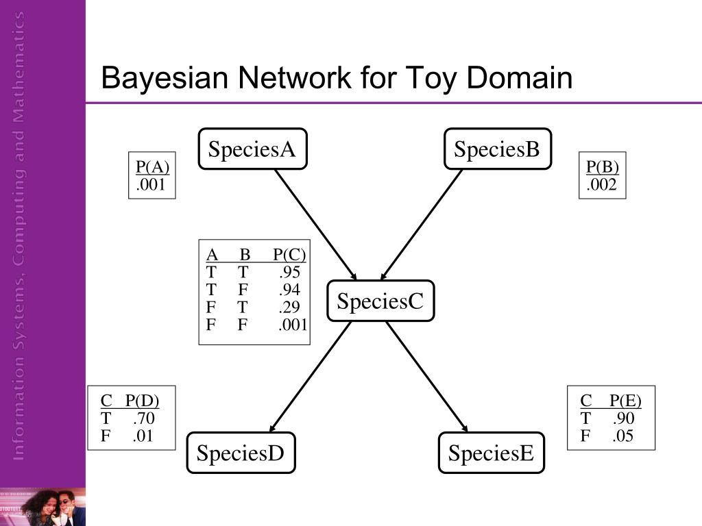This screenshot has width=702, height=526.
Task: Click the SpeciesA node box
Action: tap(252, 149)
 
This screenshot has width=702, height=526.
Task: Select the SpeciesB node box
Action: tap(498, 149)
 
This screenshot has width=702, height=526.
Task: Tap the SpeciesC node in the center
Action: tap(380, 301)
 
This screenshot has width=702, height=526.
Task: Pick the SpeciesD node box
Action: tap(241, 453)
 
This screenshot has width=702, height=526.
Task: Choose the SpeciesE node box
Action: tap(491, 453)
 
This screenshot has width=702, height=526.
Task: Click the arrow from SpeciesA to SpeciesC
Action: tap(315, 225)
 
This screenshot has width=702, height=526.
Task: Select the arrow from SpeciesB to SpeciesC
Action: tap(422, 225)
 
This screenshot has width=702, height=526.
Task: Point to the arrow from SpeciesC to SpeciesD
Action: tap(311, 377)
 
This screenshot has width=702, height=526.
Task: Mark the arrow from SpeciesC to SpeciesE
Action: tap(426, 377)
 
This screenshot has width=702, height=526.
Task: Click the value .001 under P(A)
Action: tap(151, 184)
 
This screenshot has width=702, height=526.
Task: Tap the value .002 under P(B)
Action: tap(602, 184)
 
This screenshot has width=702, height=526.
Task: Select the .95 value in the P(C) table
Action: tap(290, 272)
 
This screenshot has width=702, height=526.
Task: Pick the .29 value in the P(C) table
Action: tap(290, 307)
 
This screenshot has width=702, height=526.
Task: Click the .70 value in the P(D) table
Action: tap(144, 418)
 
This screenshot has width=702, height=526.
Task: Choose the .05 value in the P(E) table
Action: tap(622, 436)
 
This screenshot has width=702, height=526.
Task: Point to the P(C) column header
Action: tap(289, 255)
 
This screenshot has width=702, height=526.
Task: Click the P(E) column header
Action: tap(625, 400)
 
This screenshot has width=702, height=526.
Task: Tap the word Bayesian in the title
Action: tap(165, 78)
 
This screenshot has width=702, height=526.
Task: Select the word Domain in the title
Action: tap(520, 77)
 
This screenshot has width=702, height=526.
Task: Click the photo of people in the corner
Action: tap(43, 507)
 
